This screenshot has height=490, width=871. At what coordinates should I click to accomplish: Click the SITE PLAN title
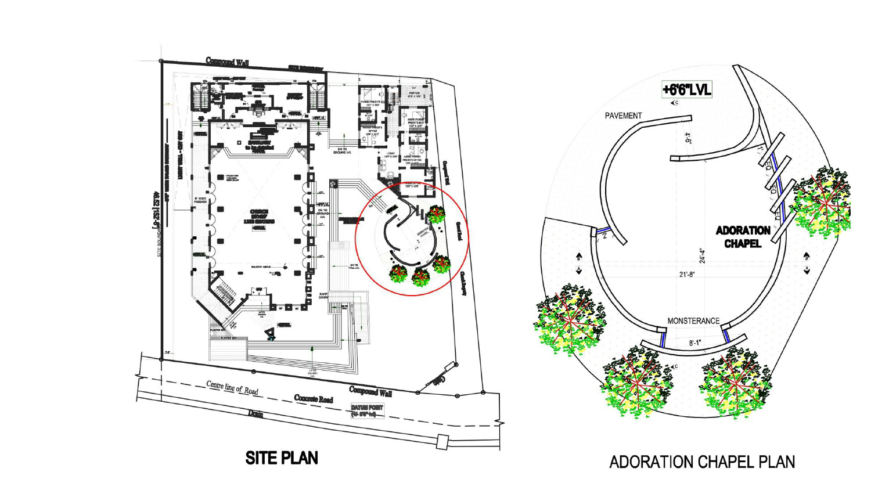282,458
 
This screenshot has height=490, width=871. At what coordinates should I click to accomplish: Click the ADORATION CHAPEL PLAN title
701,462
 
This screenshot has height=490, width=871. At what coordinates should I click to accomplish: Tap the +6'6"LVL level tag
686,90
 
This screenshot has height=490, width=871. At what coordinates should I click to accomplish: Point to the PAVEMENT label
623,116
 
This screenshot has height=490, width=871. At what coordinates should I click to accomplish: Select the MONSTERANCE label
693,320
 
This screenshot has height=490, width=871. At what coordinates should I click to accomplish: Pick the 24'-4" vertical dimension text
703,256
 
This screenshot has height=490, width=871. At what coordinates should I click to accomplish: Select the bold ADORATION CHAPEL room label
743,237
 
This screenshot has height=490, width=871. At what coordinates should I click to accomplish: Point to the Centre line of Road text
232,388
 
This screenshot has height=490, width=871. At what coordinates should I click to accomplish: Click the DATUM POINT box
367,410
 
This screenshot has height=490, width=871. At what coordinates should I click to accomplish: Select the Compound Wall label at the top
228,62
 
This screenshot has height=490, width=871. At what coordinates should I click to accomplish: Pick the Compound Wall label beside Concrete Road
370,392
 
